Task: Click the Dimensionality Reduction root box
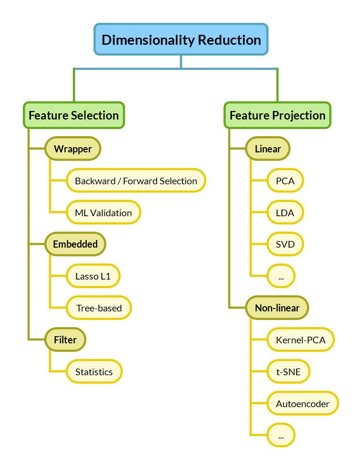[181, 39]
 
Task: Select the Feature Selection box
[74, 115]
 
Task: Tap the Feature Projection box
[277, 115]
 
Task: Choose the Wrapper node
[72, 149]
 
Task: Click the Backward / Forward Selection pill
[136, 181]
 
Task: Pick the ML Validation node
[103, 213]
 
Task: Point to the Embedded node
[75, 244]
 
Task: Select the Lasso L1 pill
[93, 276]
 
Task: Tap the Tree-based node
[99, 308]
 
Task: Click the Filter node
[65, 340]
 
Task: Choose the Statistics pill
[94, 372]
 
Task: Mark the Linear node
[268, 149]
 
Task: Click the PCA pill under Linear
[285, 181]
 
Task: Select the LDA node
[285, 213]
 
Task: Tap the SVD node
[285, 245]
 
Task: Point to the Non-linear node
[277, 308]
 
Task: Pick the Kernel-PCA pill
[300, 340]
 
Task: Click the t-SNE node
[288, 372]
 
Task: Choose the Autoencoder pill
[302, 404]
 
